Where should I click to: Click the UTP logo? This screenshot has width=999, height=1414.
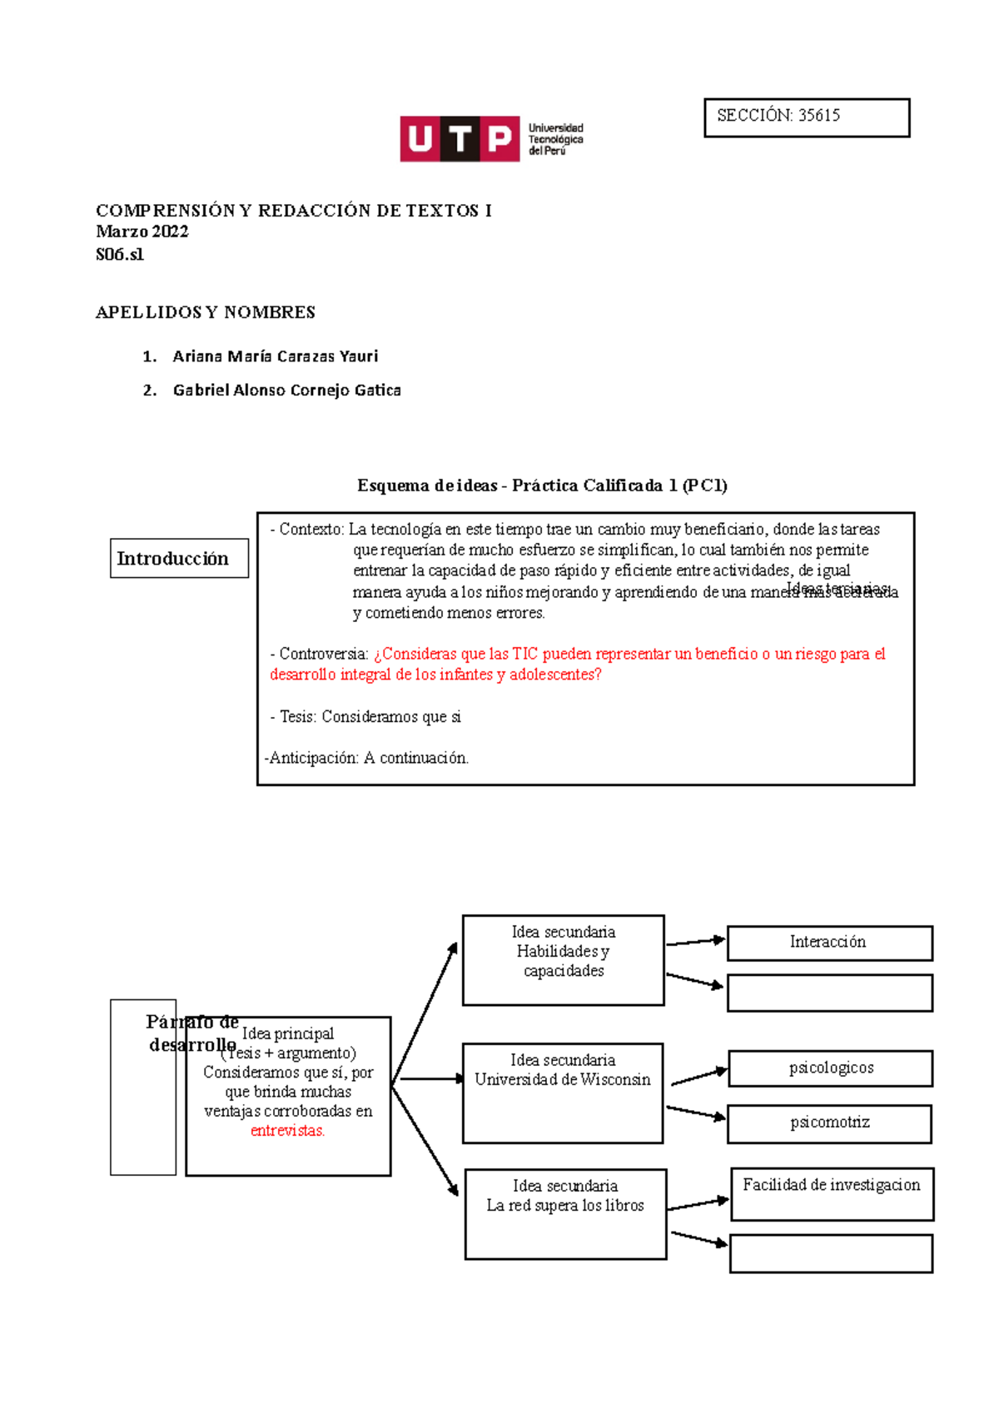click(491, 138)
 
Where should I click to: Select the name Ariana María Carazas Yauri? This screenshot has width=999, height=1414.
click(275, 356)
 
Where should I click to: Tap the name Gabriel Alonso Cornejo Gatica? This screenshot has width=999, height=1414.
click(286, 391)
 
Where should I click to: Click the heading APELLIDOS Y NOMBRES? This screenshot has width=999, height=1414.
click(205, 313)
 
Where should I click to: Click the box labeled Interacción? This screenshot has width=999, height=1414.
click(829, 943)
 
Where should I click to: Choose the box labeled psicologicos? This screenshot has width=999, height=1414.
click(830, 1068)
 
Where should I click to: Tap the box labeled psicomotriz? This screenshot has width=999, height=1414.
click(829, 1123)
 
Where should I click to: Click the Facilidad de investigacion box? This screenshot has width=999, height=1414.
click(832, 1192)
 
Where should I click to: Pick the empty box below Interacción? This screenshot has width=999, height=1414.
click(829, 993)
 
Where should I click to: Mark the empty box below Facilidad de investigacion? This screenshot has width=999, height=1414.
click(831, 1253)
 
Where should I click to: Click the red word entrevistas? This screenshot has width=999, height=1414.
click(287, 1131)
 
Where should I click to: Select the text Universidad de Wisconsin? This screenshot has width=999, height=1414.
click(562, 1080)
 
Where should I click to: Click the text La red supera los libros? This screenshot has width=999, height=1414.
click(565, 1206)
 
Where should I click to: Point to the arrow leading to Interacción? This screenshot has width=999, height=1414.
click(696, 942)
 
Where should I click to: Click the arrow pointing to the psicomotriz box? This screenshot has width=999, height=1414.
click(696, 1113)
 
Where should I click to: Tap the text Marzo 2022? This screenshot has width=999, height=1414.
click(142, 232)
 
